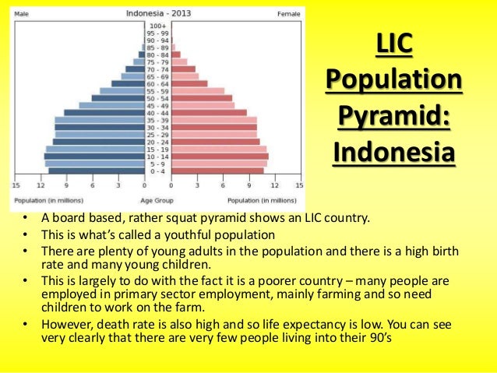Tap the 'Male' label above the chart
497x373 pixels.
[22, 14]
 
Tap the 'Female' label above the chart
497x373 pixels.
[288, 14]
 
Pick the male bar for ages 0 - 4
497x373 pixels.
[97, 171]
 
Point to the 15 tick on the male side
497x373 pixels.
[16, 185]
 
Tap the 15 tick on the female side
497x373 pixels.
[298, 185]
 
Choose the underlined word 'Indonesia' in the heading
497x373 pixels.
[393, 151]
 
